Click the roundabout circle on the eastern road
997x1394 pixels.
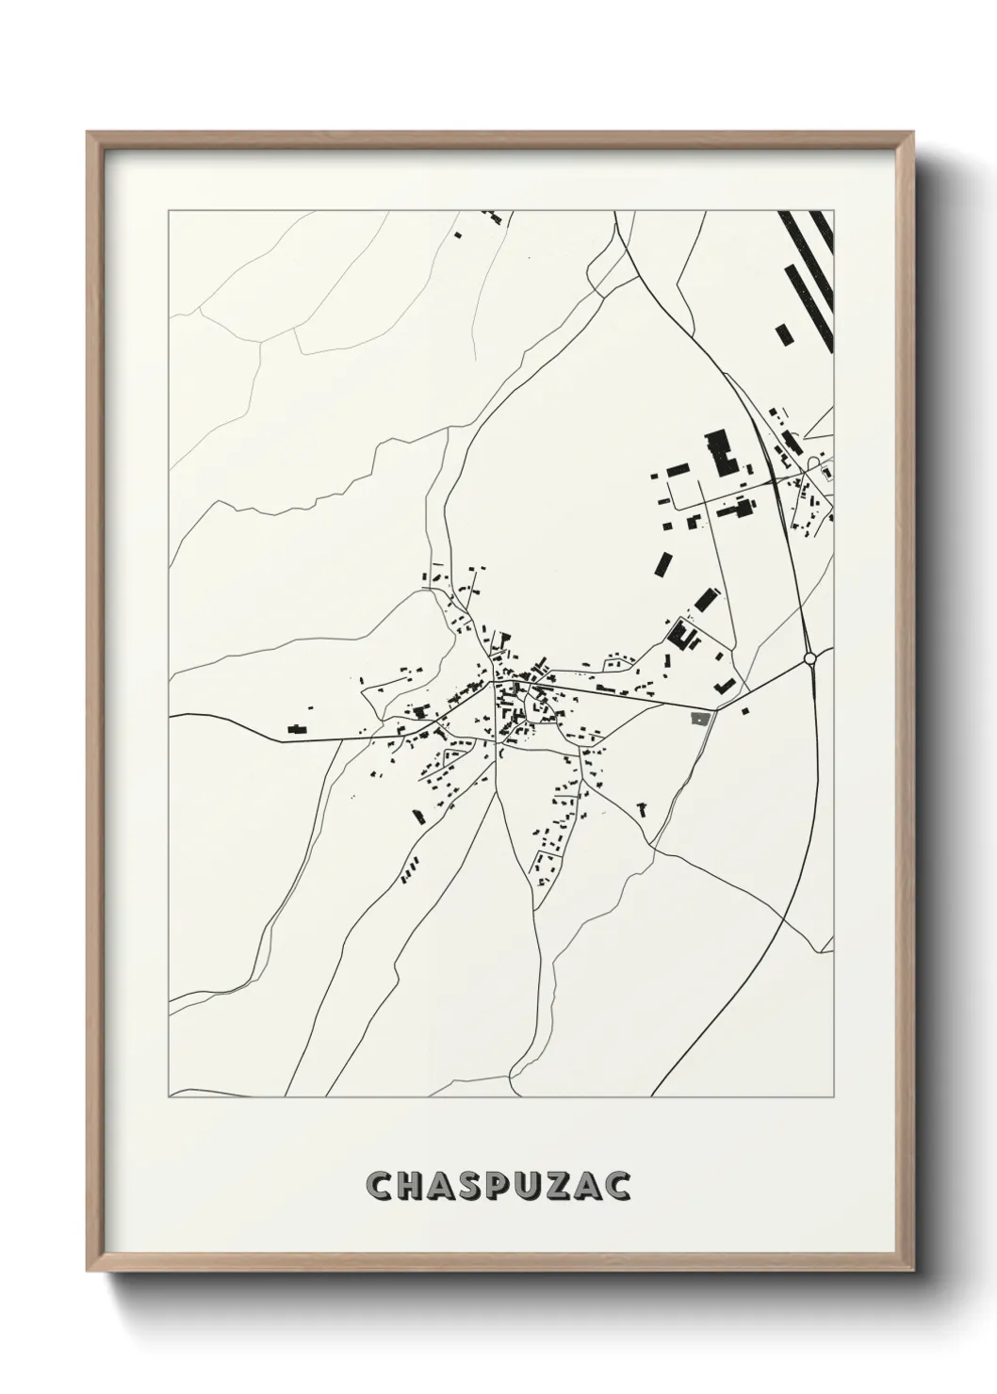pos(809,657)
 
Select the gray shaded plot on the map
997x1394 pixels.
pos(700,719)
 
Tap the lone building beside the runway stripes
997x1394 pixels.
pos(782,333)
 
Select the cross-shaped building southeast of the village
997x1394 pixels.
pos(644,808)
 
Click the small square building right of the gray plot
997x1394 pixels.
pos(744,711)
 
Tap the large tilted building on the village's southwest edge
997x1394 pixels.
pos(417,815)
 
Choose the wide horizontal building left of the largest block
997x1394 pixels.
pos(678,469)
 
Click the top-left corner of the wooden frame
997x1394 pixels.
pos(88,132)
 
